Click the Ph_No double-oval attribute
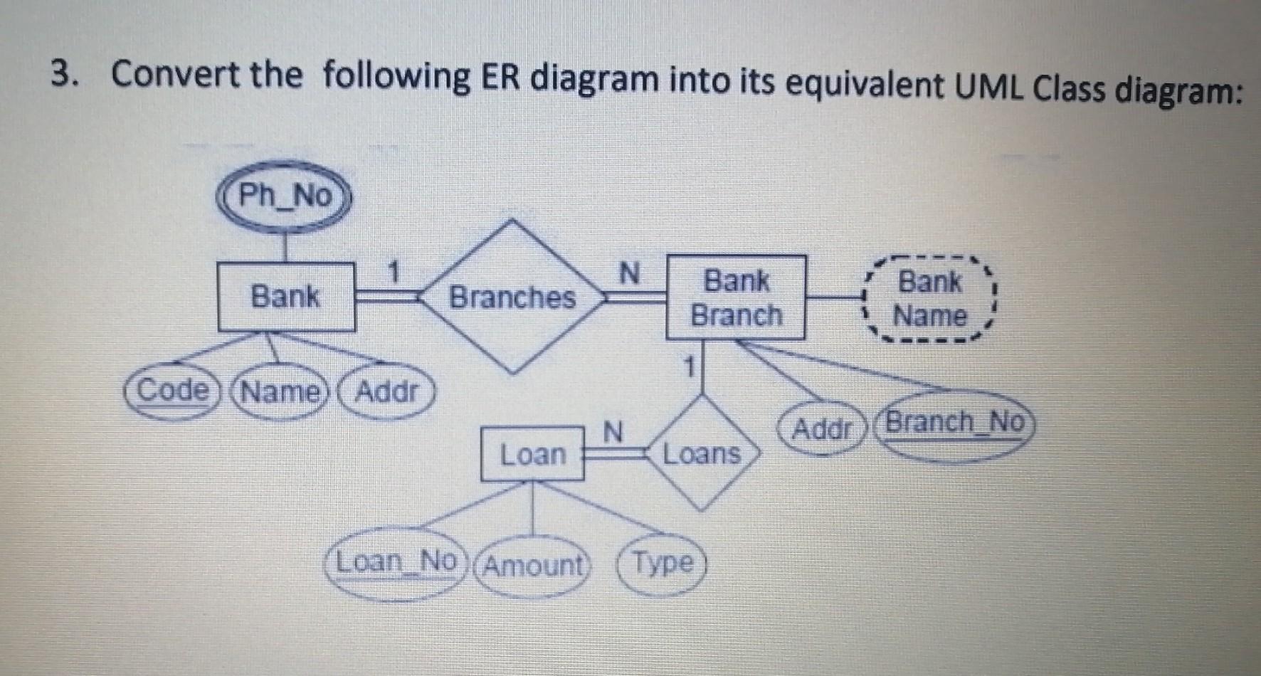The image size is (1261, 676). click(x=285, y=196)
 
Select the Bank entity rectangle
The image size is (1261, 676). click(x=285, y=296)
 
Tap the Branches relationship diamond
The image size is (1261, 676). click(x=512, y=297)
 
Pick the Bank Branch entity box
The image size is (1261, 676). click(x=736, y=297)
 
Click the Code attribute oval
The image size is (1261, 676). click(x=171, y=391)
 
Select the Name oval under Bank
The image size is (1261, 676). click(x=279, y=393)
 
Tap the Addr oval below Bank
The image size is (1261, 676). click(x=386, y=391)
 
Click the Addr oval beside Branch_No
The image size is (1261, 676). click(x=822, y=429)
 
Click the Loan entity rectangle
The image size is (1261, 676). click(x=532, y=454)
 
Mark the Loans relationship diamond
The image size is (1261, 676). click(x=702, y=454)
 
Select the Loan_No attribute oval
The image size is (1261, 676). click(x=396, y=564)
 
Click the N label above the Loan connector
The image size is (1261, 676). click(x=613, y=431)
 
